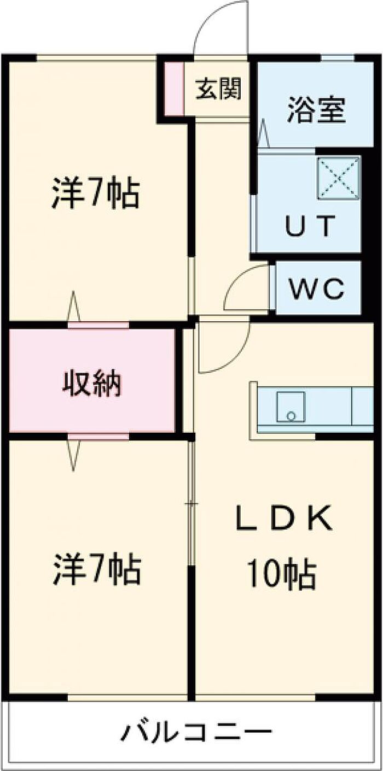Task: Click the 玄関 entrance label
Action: pyautogui.click(x=219, y=89)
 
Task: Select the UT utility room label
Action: pyautogui.click(x=309, y=226)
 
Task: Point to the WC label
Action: pyautogui.click(x=317, y=288)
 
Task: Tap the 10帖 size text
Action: pyautogui.click(x=281, y=573)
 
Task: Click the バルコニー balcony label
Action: pyautogui.click(x=196, y=731)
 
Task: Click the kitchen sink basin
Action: pyautogui.click(x=291, y=407)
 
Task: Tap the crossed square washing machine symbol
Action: pyautogui.click(x=339, y=177)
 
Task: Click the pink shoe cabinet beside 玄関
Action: pyautogui.click(x=174, y=90)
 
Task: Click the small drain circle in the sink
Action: pyautogui.click(x=291, y=416)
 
